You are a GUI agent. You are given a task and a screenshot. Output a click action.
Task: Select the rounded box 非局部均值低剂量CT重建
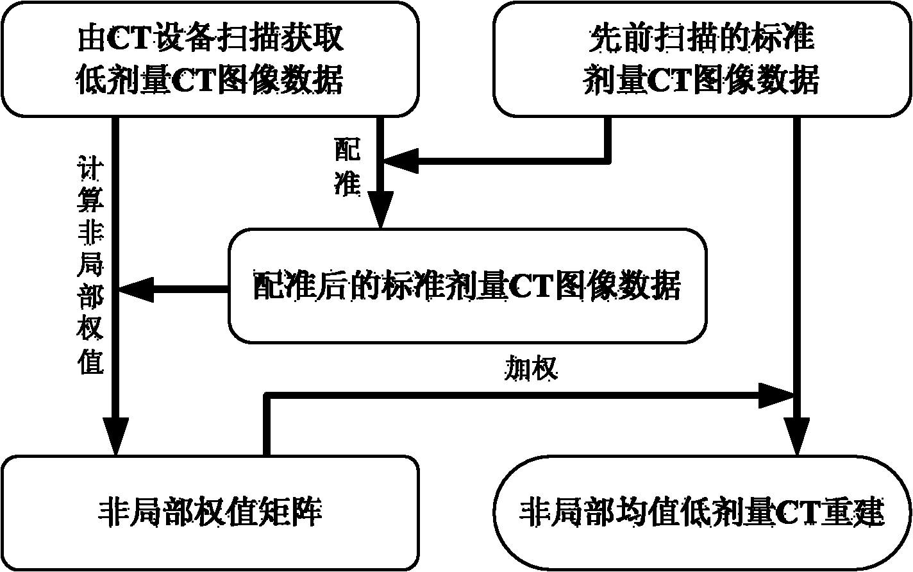point(703,512)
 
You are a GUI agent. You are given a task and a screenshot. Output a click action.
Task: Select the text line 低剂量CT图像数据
point(210,81)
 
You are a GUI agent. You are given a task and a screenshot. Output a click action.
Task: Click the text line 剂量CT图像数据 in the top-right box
point(701,81)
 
